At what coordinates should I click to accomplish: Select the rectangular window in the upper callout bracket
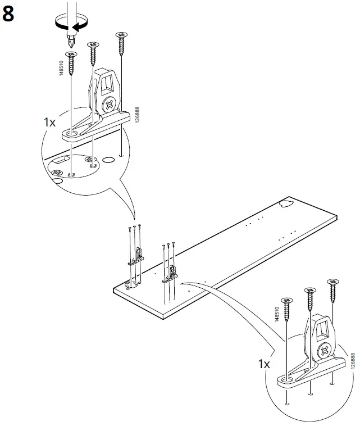106,84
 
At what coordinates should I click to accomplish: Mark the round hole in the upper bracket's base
72,133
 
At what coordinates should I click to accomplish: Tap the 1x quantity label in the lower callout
264,364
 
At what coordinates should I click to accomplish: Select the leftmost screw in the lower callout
288,309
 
